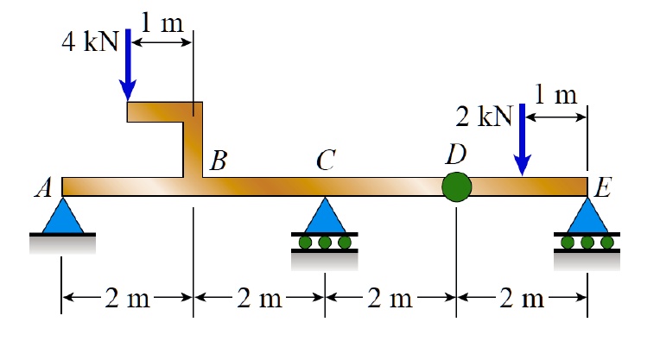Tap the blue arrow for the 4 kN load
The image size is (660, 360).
[x=128, y=64]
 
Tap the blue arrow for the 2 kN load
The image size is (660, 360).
[x=521, y=138]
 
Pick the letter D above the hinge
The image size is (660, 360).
[x=454, y=155]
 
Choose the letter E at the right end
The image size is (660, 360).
[x=604, y=188]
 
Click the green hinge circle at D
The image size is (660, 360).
[x=456, y=186]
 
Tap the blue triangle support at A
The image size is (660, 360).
[x=62, y=216]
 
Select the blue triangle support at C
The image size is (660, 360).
[x=325, y=216]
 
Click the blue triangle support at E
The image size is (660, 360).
[x=587, y=216]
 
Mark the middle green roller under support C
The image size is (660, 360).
[x=325, y=242]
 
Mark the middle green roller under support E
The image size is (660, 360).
[x=587, y=242]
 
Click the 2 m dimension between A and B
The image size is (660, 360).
[x=127, y=300]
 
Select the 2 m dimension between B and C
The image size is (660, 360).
[x=259, y=300]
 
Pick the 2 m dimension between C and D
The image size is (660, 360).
[x=390, y=300]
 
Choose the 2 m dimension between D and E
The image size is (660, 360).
[x=522, y=300]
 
